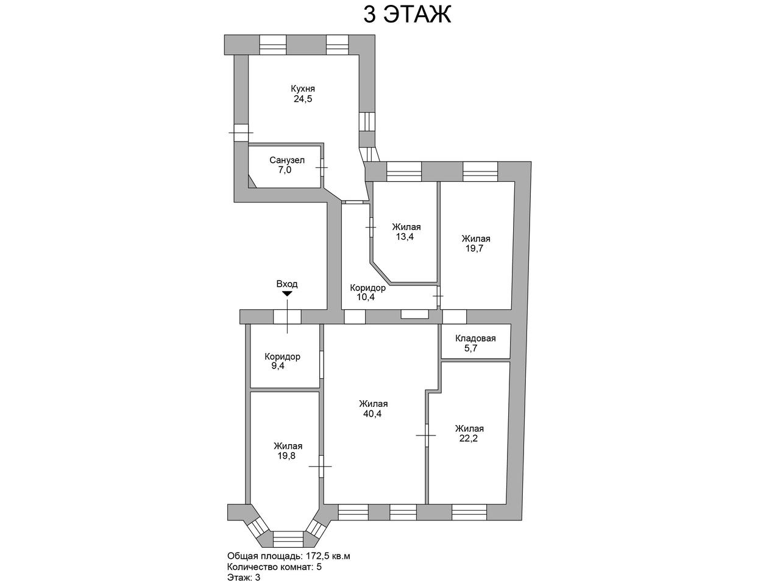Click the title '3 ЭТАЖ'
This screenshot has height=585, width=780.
407,15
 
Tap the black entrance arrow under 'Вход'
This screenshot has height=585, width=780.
287,294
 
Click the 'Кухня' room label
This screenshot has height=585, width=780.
303,88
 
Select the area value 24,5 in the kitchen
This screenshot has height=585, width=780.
303,99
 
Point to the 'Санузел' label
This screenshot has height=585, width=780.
287,160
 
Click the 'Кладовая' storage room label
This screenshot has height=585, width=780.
475,338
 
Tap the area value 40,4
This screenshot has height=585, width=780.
372,414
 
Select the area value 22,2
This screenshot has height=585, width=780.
469,439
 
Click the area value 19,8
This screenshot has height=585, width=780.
287,456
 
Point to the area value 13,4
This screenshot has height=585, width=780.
405,237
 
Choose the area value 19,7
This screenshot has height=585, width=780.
474,249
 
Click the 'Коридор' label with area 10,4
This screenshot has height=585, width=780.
368,287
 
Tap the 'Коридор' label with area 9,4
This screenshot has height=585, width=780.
283,356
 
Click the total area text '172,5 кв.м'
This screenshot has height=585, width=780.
327,556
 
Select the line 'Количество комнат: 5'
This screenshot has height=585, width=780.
274,567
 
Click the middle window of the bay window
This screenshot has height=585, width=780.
289,539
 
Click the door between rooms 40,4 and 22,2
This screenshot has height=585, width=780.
426,435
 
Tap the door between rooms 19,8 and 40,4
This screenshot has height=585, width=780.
321,466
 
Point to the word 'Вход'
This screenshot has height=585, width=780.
287,284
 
